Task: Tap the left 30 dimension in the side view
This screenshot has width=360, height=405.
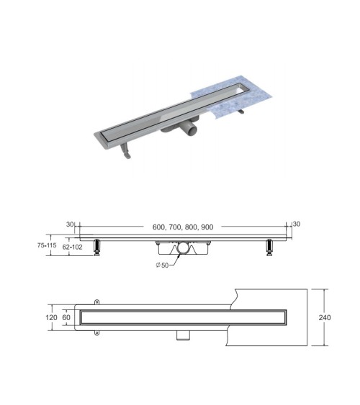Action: [71, 224]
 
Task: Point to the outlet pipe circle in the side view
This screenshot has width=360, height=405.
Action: [184, 248]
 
